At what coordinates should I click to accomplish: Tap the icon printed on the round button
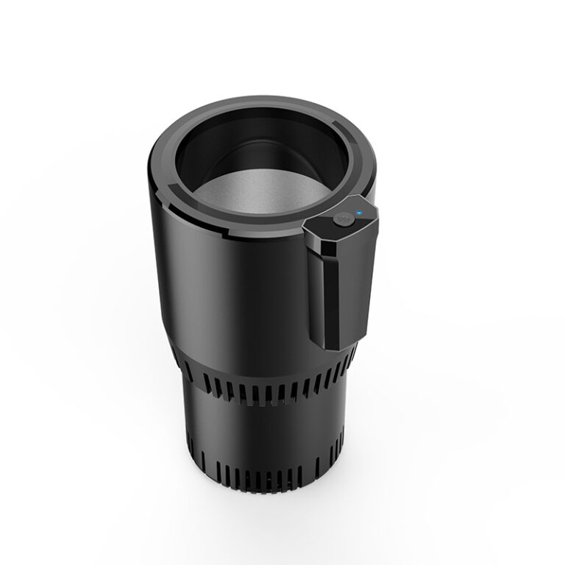[340, 218]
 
